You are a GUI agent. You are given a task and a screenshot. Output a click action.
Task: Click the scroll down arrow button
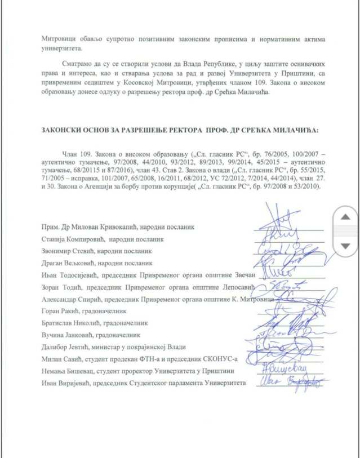[346, 246]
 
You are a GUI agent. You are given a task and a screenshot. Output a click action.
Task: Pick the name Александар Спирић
[72, 299]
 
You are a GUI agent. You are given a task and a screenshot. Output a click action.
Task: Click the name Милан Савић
[59, 359]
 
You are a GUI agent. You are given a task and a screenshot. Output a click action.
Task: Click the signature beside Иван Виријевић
[285, 383]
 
